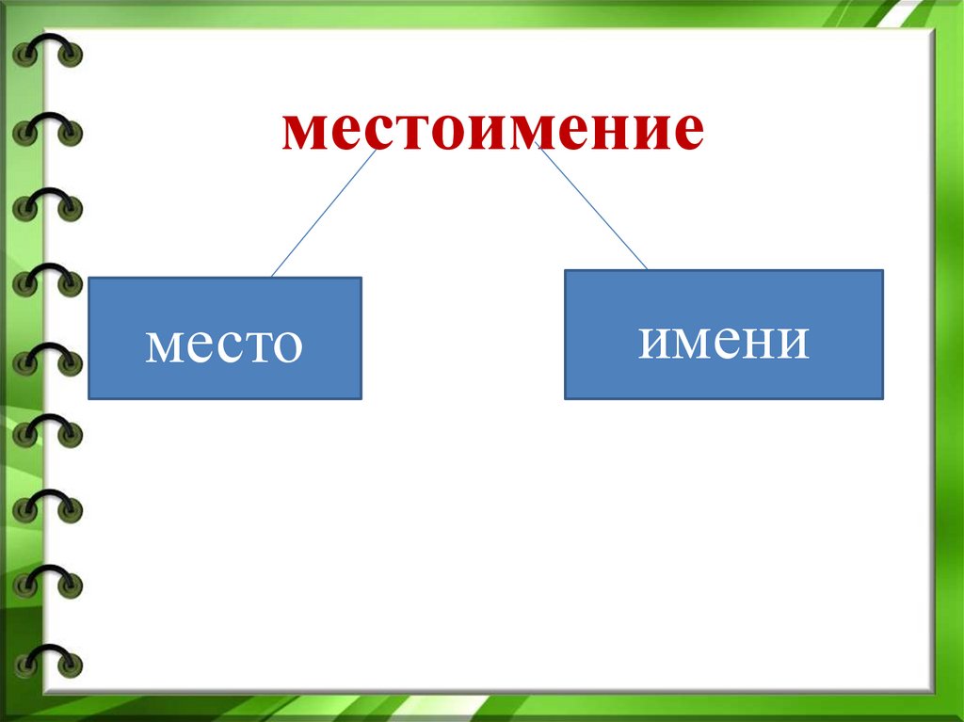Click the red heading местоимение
[492, 130]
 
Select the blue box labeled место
[225, 338]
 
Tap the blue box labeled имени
[724, 334]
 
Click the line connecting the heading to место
[324, 213]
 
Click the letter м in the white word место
[164, 345]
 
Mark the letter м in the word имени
[693, 342]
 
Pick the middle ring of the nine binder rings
[47, 359]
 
